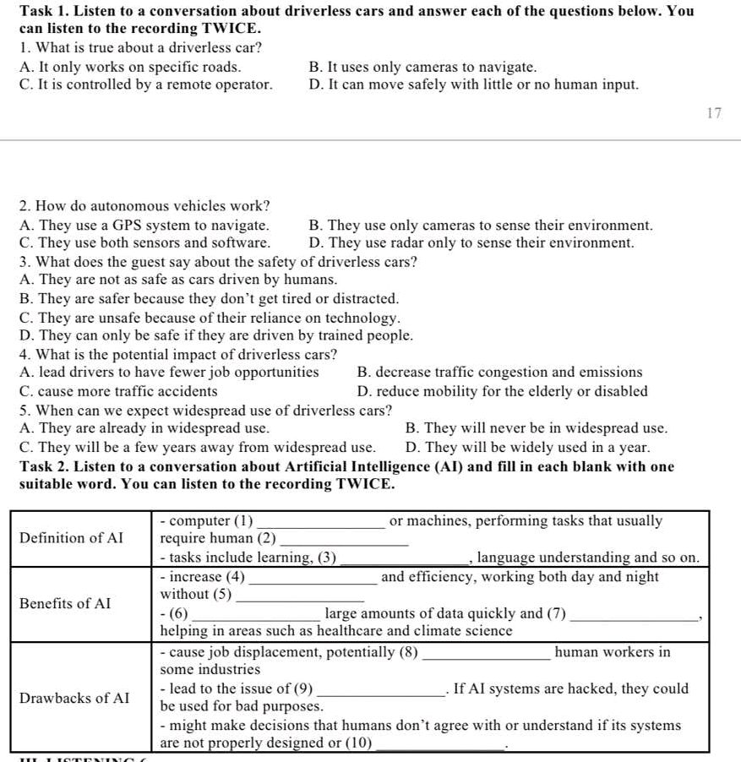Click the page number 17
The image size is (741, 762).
pos(714,113)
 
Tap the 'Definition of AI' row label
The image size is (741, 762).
pos(71,538)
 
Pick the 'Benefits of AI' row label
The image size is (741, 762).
pos(65,603)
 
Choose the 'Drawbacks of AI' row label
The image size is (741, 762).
pos(74,698)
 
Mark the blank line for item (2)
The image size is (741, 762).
pos(344,542)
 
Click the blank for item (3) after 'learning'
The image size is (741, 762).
pos(404,559)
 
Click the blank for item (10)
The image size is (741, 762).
pos(439,746)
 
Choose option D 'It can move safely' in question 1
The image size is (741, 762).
pos(474,84)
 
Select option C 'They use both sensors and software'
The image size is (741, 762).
pos(144,242)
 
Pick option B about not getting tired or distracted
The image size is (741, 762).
pos(209,299)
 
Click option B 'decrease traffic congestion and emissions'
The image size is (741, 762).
pos(499,372)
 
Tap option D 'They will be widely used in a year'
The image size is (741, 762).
pos(527,447)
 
